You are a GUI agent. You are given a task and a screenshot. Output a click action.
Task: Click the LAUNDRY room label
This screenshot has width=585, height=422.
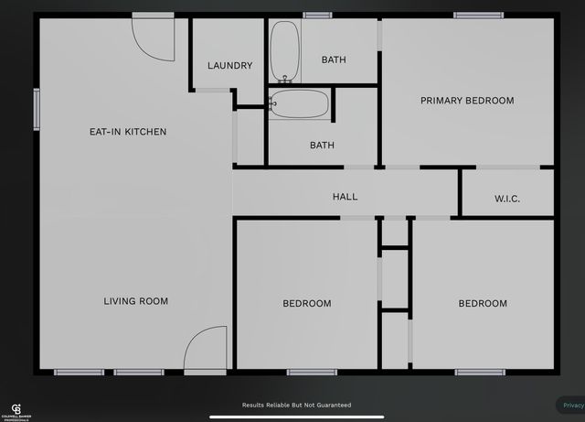coord(229,66)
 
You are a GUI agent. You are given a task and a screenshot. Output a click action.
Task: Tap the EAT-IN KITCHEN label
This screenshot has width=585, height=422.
coord(128,132)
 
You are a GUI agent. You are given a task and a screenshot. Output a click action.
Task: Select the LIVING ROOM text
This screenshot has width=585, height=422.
coord(135,301)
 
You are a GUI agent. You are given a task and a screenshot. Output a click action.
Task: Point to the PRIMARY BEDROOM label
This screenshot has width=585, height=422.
coord(467,101)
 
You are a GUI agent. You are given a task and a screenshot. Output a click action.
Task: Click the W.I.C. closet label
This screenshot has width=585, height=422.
coord(507,199)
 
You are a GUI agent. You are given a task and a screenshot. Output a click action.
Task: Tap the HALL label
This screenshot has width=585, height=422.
coord(346,197)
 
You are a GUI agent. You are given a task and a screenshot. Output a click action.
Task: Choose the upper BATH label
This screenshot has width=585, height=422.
coord(334,60)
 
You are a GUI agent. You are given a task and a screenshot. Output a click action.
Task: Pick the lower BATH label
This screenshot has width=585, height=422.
coord(322,146)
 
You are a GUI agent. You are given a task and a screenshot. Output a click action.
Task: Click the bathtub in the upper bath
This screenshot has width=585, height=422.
coord(284,52)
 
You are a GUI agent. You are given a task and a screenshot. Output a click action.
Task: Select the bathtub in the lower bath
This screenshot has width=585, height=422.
coord(301,103)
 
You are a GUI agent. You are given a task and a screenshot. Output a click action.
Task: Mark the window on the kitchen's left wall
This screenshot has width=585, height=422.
coord(37,109)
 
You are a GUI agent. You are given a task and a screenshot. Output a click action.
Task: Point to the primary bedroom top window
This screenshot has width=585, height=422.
coord(478,15)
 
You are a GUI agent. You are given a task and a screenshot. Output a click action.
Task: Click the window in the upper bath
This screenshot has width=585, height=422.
coord(317,15)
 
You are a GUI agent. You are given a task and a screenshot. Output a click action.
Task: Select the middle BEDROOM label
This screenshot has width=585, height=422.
coord(306,304)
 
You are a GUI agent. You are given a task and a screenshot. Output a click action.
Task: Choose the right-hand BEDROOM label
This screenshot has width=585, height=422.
coord(482,304)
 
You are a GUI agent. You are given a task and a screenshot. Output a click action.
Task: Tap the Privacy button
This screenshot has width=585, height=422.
coord(571,405)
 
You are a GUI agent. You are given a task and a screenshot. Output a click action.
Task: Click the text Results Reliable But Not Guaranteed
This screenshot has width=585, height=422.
coord(296,405)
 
